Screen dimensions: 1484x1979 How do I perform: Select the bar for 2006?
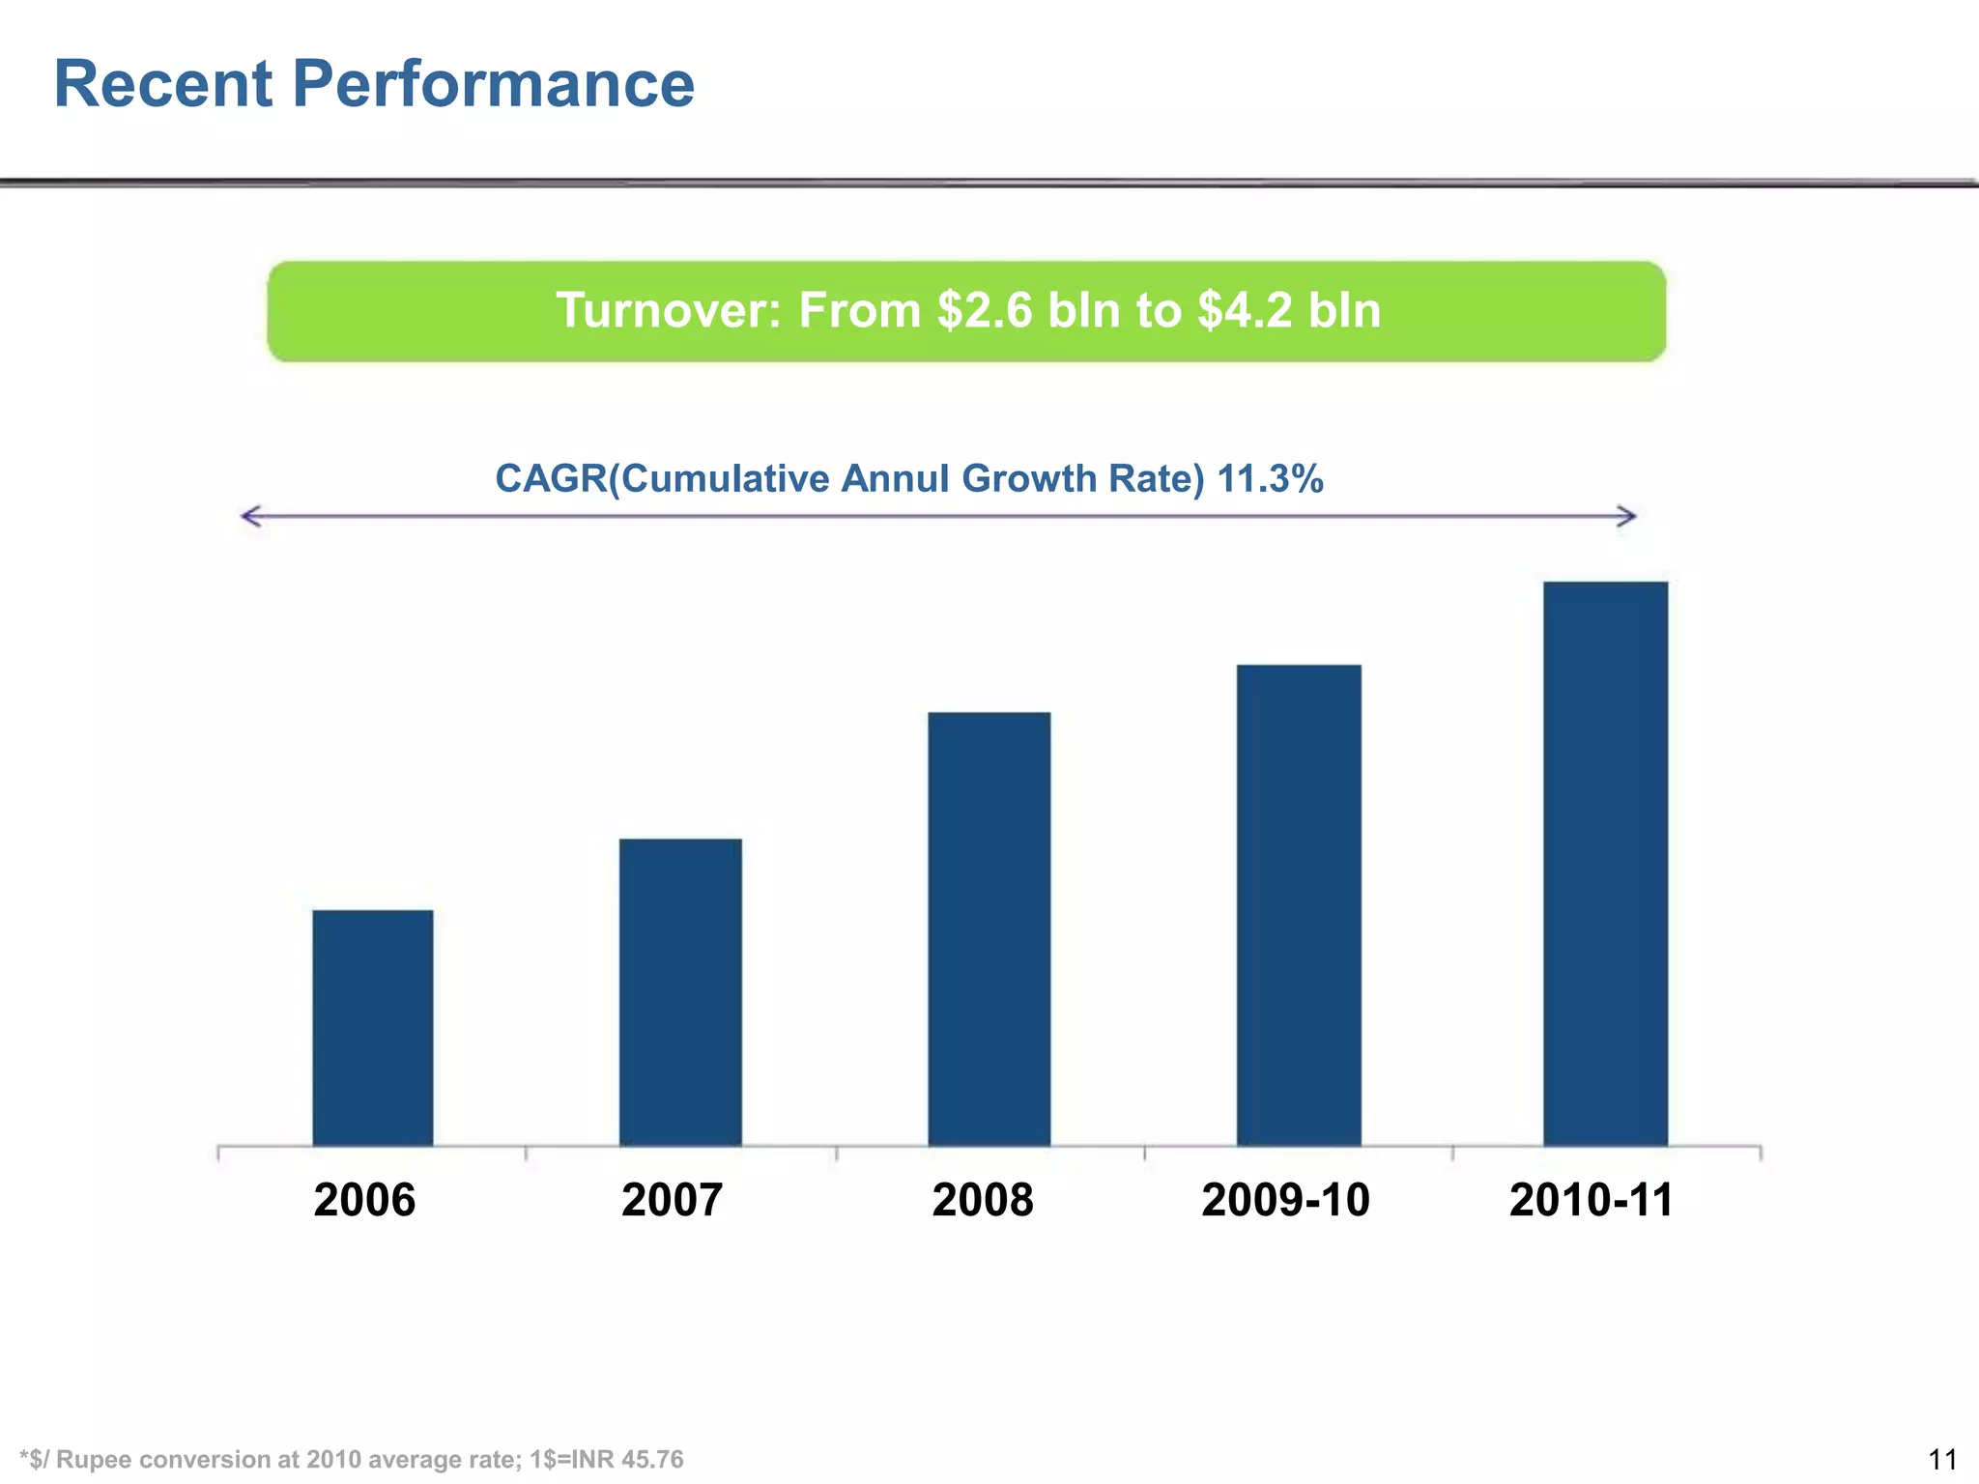(373, 1028)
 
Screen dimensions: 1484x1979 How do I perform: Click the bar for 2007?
(680, 992)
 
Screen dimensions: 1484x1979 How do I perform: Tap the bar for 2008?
(989, 928)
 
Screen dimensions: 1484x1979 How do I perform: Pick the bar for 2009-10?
(1299, 905)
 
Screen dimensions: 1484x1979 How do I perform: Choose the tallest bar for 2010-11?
(1606, 864)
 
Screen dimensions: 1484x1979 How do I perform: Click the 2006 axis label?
(364, 1200)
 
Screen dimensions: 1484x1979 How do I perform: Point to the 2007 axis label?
(672, 1200)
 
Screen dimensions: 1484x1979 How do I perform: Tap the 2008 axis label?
(983, 1200)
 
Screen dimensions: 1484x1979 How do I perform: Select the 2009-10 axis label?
(1285, 1200)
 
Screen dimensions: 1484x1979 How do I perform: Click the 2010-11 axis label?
(1591, 1200)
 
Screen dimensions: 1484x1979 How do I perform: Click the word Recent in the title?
(163, 84)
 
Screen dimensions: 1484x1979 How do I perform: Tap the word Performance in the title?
(493, 84)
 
